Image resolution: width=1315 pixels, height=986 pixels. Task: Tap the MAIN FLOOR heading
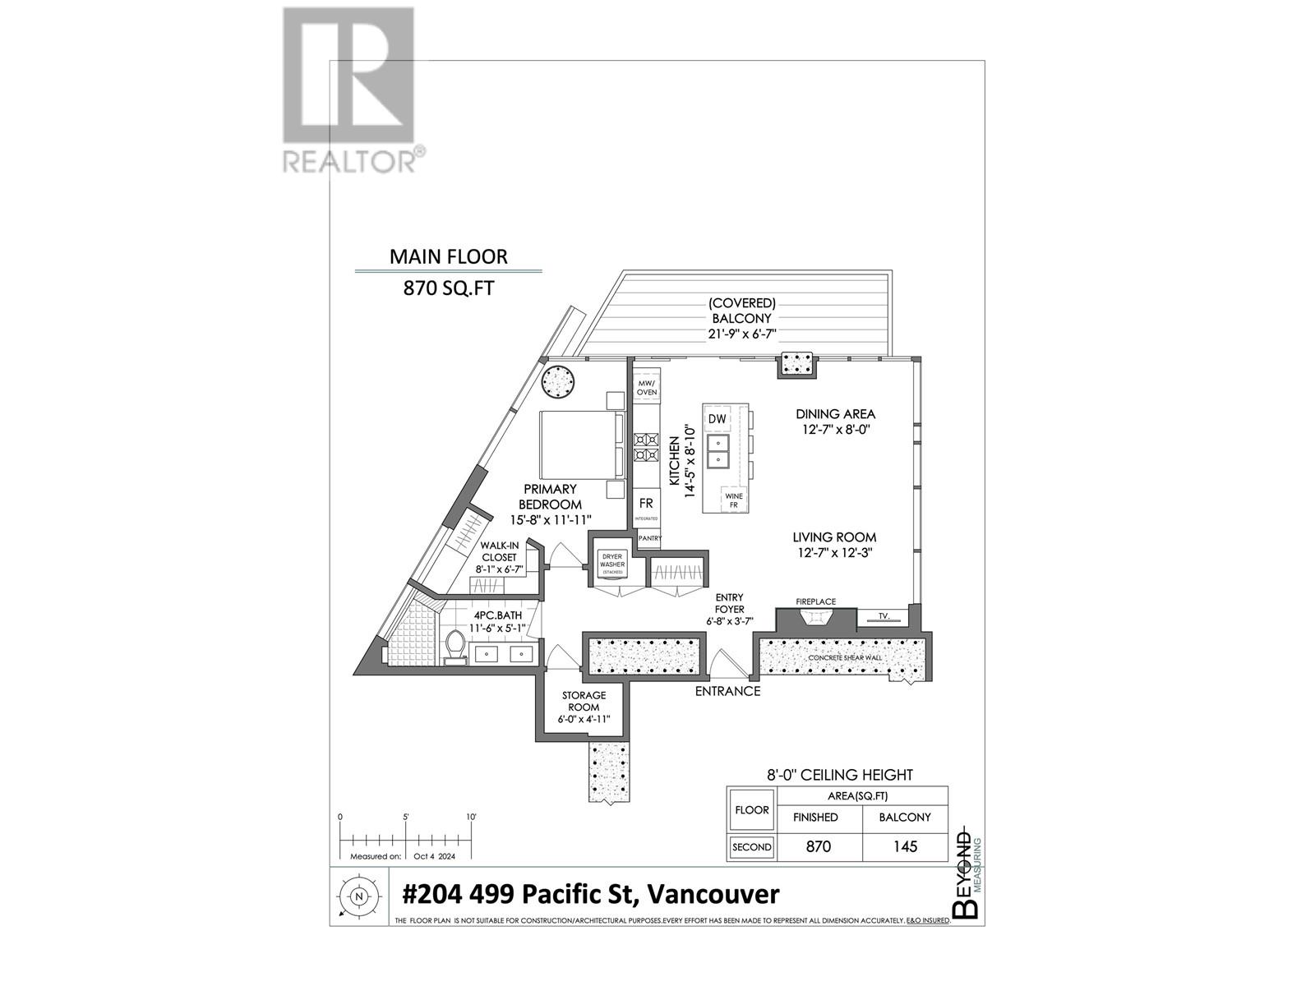click(448, 256)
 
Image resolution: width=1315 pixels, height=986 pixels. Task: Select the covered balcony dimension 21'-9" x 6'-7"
click(742, 334)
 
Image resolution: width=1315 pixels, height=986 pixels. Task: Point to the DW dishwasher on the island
click(717, 419)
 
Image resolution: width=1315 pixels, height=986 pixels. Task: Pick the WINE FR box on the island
click(733, 500)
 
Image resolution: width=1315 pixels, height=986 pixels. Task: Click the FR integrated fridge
click(646, 505)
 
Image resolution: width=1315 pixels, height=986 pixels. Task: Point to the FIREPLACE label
click(815, 602)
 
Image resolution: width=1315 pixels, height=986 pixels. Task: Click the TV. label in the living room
click(884, 615)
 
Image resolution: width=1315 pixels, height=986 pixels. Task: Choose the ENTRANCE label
click(727, 691)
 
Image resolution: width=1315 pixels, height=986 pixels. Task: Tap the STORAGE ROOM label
click(584, 701)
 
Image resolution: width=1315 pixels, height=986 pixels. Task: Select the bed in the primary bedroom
click(580, 445)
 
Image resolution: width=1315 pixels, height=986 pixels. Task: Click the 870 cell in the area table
click(819, 847)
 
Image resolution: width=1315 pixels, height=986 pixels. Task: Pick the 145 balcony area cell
click(905, 847)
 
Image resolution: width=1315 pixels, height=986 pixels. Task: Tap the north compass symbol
click(358, 897)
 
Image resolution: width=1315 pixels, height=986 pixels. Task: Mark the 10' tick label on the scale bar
click(471, 818)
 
